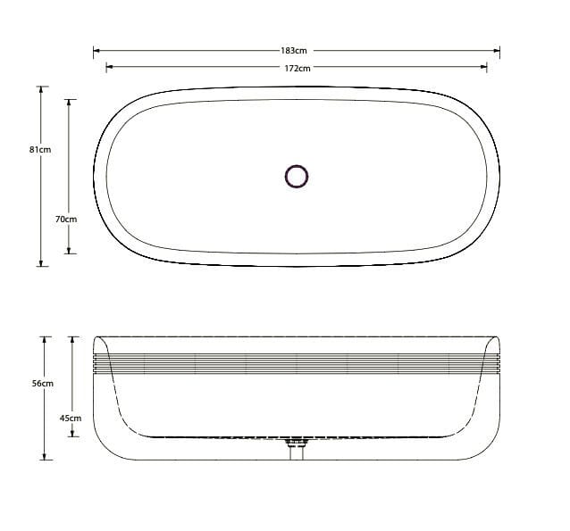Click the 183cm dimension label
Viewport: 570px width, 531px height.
(x=296, y=51)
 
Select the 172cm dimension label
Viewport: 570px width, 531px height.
(x=296, y=68)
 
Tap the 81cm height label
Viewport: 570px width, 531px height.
(x=40, y=150)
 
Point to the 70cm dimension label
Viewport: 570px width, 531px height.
(x=66, y=219)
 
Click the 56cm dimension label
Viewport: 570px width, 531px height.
(x=42, y=383)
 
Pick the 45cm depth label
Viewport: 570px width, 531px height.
(x=70, y=418)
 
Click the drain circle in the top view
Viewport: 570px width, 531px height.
(x=296, y=177)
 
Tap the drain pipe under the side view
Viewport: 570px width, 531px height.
(x=296, y=450)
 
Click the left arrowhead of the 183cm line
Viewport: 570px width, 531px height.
(x=96, y=51)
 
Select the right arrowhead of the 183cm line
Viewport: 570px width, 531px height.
(x=497, y=51)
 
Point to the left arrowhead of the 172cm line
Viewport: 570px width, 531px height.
(x=109, y=67)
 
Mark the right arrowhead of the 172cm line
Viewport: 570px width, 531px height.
(x=484, y=67)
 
